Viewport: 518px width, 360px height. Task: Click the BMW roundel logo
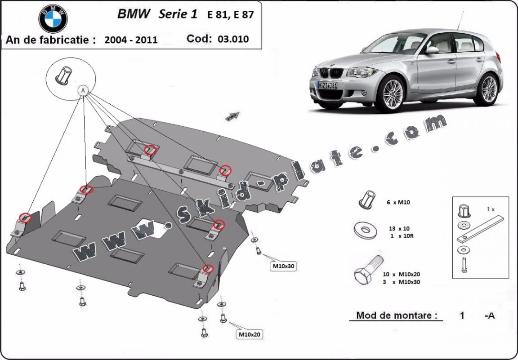(53, 19)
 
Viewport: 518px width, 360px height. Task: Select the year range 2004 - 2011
(131, 40)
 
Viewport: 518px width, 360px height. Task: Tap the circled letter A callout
(83, 90)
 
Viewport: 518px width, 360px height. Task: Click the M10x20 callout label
(250, 334)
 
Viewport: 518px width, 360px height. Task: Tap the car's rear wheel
(489, 89)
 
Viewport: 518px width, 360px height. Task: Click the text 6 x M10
(398, 203)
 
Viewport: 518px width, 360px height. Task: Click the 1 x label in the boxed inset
(490, 209)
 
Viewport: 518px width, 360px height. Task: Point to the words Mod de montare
(397, 315)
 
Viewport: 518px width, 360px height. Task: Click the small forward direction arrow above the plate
(232, 116)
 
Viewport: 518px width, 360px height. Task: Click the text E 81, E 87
(230, 14)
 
